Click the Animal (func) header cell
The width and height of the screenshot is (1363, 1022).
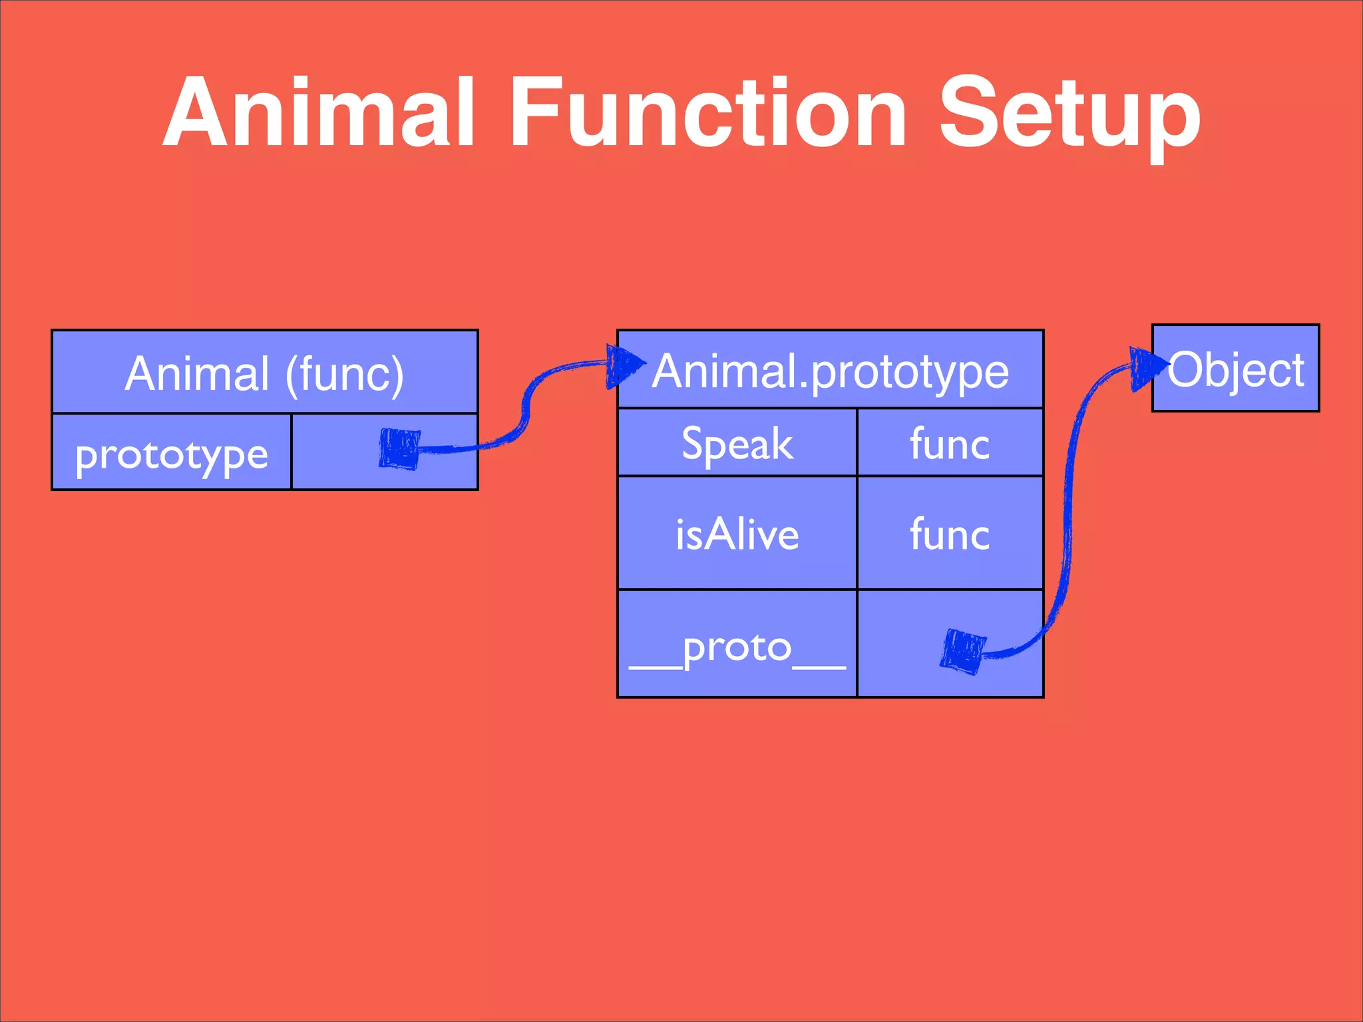264,373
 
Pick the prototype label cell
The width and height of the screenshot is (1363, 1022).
172,454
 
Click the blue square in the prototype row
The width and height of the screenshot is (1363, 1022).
399,449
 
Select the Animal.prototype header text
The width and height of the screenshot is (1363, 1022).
831,371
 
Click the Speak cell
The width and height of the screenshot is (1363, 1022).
737,444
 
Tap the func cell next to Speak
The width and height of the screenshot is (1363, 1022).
950,444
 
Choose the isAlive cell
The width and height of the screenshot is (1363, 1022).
737,534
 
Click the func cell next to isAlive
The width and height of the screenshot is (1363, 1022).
950,534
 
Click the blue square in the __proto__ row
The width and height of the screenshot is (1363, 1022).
963,651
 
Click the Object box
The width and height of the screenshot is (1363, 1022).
1235,369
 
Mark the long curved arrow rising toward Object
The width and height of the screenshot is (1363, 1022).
1068,506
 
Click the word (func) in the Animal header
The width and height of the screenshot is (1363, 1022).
344,374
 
